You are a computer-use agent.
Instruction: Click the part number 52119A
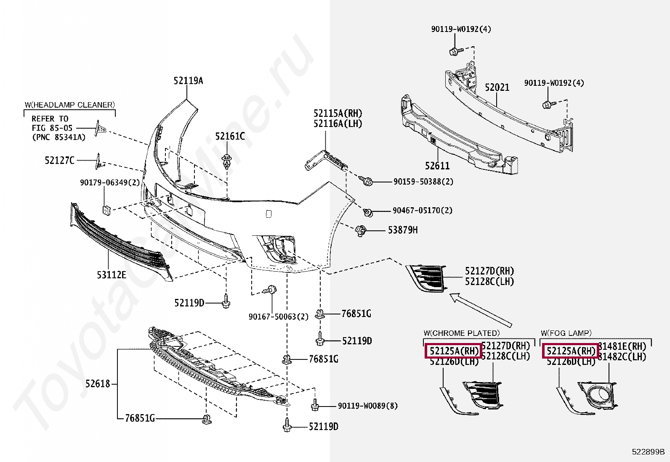coord(188,81)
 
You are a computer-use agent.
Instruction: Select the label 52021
coord(497,87)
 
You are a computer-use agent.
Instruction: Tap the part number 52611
coord(437,166)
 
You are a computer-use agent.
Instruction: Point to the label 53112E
coord(111,275)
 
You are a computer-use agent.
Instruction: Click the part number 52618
coord(98,383)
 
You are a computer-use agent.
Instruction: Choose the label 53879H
coord(403,230)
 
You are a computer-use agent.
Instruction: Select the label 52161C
coord(230,136)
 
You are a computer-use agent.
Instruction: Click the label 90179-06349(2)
coord(110,182)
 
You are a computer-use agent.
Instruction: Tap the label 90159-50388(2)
coord(423,182)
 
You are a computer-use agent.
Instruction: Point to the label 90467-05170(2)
coord(422,210)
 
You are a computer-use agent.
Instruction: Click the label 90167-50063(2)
coord(278,317)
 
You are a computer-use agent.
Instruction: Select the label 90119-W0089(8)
coord(367,406)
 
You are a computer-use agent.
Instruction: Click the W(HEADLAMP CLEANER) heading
coord(69,105)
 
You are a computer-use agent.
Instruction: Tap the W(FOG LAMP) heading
coord(566,333)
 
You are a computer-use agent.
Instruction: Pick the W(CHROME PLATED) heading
coord(462,333)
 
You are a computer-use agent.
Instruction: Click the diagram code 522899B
coord(648,452)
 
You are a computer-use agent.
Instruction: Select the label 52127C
coord(59,160)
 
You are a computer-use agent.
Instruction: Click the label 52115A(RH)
coord(338,114)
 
